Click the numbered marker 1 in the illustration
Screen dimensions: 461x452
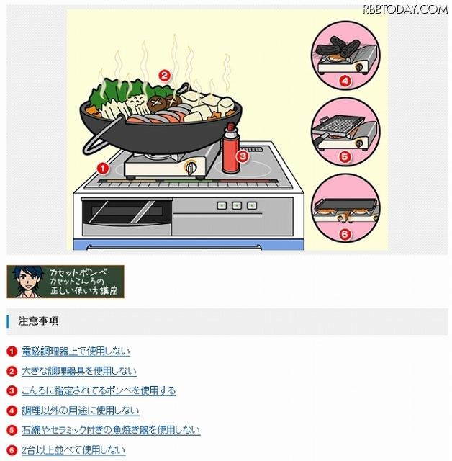click(102, 168)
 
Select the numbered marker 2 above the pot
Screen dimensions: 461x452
click(164, 74)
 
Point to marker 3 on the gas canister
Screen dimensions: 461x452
click(243, 155)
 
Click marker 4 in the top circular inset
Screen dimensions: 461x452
click(344, 81)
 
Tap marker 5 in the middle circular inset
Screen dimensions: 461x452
click(344, 156)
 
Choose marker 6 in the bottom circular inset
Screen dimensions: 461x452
click(344, 233)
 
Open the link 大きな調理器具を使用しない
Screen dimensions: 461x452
click(78, 371)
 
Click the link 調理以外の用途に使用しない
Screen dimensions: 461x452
click(80, 411)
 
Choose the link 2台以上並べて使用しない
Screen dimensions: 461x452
click(73, 449)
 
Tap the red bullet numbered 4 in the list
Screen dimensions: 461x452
click(12, 411)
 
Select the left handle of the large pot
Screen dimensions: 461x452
click(90, 140)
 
